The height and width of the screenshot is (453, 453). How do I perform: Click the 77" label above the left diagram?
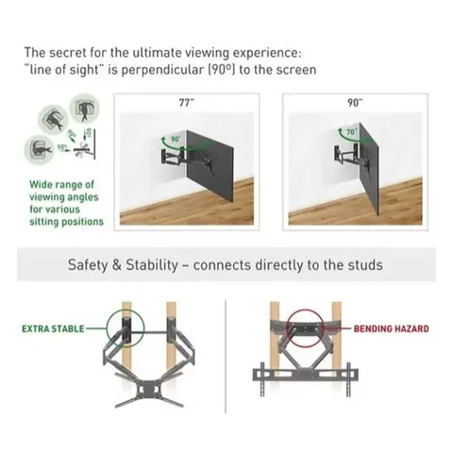[185, 102]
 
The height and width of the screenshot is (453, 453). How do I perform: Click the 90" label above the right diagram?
[353, 102]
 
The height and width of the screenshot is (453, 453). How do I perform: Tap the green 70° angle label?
[351, 134]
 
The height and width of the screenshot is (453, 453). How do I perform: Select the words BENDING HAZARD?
[392, 329]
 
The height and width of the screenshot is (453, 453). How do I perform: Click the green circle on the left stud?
[126, 329]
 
